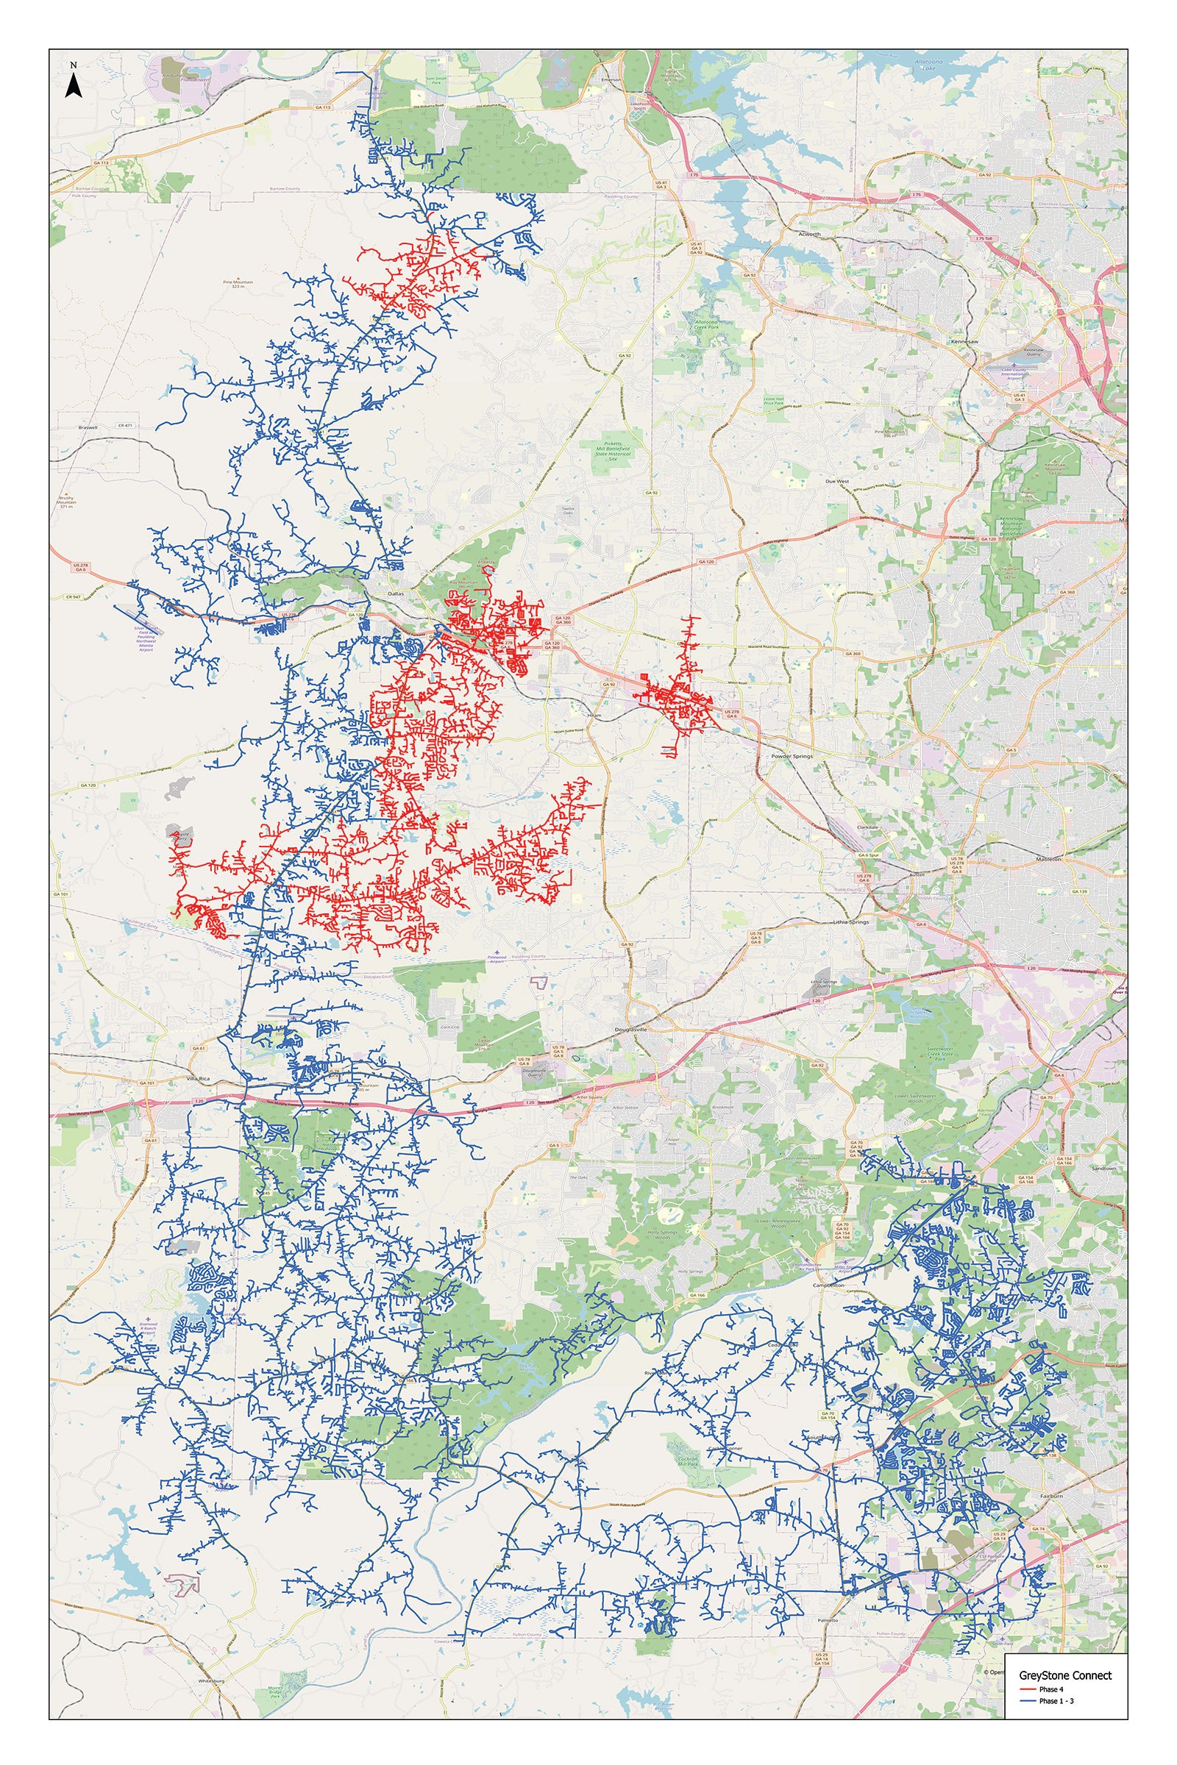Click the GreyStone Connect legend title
tap(1065, 1675)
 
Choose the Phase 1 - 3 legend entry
tap(1056, 1700)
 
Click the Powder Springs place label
tap(792, 757)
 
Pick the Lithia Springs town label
tap(850, 921)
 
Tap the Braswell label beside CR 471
tap(88, 427)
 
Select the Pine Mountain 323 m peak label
tap(238, 285)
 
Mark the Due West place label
tap(837, 481)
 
